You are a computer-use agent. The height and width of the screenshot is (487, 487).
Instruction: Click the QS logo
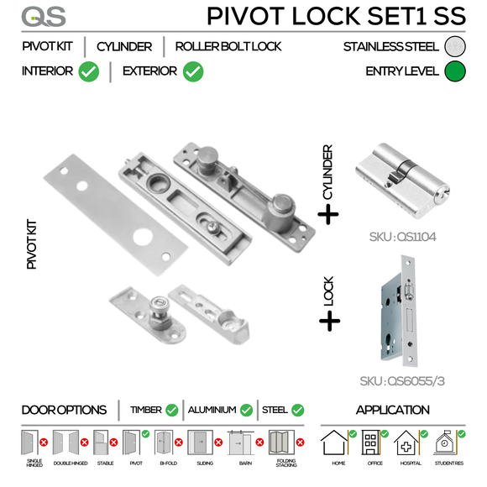pyautogui.click(x=39, y=16)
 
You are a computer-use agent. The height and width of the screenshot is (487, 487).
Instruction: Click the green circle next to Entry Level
pyautogui.click(x=457, y=71)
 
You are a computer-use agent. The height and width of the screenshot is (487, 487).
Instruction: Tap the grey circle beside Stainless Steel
pyautogui.click(x=457, y=46)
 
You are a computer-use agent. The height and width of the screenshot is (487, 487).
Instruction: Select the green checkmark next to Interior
pyautogui.click(x=88, y=71)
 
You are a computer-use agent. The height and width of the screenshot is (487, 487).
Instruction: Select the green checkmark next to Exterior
pyautogui.click(x=193, y=71)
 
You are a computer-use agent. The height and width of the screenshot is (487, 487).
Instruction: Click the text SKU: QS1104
pyautogui.click(x=402, y=237)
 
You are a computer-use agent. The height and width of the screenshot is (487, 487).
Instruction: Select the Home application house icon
pyautogui.click(x=337, y=444)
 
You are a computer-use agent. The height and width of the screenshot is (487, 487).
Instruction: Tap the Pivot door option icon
pyautogui.click(x=132, y=443)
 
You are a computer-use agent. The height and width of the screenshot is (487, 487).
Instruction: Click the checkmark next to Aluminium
pyautogui.click(x=246, y=411)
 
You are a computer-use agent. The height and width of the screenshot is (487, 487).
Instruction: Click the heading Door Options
pyautogui.click(x=64, y=411)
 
